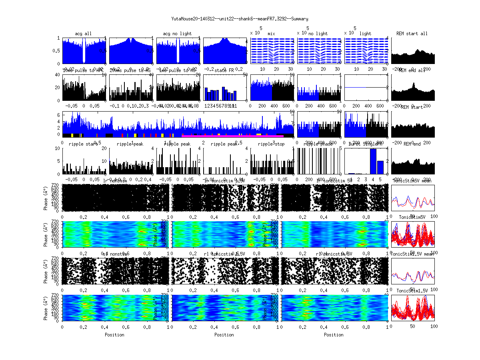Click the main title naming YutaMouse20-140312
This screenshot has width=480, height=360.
pyautogui.click(x=240, y=19)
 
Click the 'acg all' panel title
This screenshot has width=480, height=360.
pyautogui.click(x=83, y=34)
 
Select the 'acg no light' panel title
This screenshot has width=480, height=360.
pyautogui.click(x=178, y=34)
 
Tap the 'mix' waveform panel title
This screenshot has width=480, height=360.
pyautogui.click(x=272, y=34)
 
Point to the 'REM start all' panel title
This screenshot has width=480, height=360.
pyautogui.click(x=412, y=34)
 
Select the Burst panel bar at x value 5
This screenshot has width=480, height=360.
pyautogui.click(x=380, y=167)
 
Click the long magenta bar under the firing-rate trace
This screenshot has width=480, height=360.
pyautogui.click(x=232, y=136)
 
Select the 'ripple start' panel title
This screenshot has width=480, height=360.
pyautogui.click(x=83, y=144)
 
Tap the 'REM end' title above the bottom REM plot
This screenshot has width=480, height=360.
pyautogui.click(x=412, y=144)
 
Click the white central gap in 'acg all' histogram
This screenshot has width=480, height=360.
pyautogui.click(x=84, y=51)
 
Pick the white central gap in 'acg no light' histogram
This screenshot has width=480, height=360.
pyautogui.click(x=178, y=51)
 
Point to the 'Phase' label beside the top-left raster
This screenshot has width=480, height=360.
pyautogui.click(x=45, y=198)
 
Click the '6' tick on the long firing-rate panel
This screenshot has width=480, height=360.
pyautogui.click(x=59, y=115)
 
